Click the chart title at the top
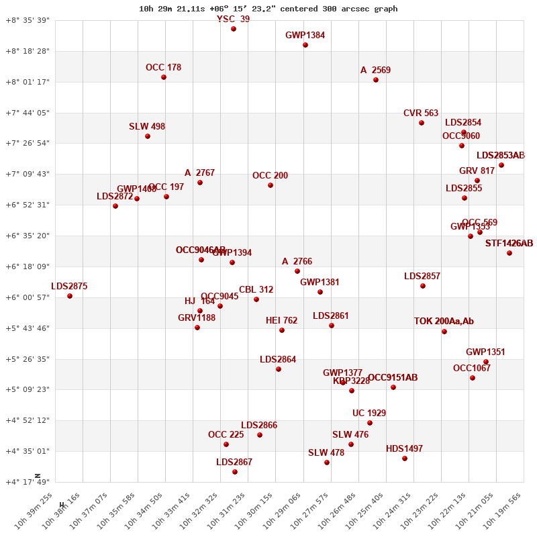(x=268, y=9)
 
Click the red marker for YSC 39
(x=234, y=29)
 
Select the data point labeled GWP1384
(x=305, y=45)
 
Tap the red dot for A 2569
(x=376, y=80)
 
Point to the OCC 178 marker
(x=164, y=77)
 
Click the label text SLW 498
(x=147, y=126)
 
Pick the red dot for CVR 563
(x=422, y=123)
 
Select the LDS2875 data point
(x=70, y=296)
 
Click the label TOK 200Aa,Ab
(x=444, y=322)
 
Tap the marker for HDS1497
(x=405, y=458)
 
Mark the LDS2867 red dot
(x=235, y=472)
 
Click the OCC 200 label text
(x=270, y=176)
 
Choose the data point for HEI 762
(x=282, y=330)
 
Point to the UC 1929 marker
(x=370, y=423)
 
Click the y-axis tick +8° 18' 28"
(x=28, y=51)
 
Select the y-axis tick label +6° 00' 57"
(x=28, y=297)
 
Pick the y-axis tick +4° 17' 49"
(x=28, y=482)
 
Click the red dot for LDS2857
(x=423, y=286)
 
